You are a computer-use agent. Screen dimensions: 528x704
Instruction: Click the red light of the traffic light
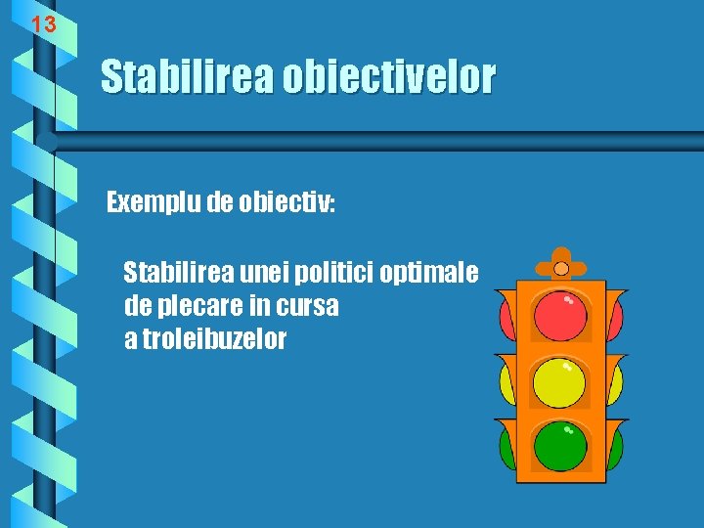(x=560, y=315)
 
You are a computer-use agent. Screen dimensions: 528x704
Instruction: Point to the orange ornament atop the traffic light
(x=560, y=266)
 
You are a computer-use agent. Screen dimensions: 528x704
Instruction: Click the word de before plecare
(x=138, y=306)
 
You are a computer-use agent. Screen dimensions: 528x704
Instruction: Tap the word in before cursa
(x=259, y=306)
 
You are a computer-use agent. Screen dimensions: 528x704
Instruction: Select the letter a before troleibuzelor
(x=131, y=340)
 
